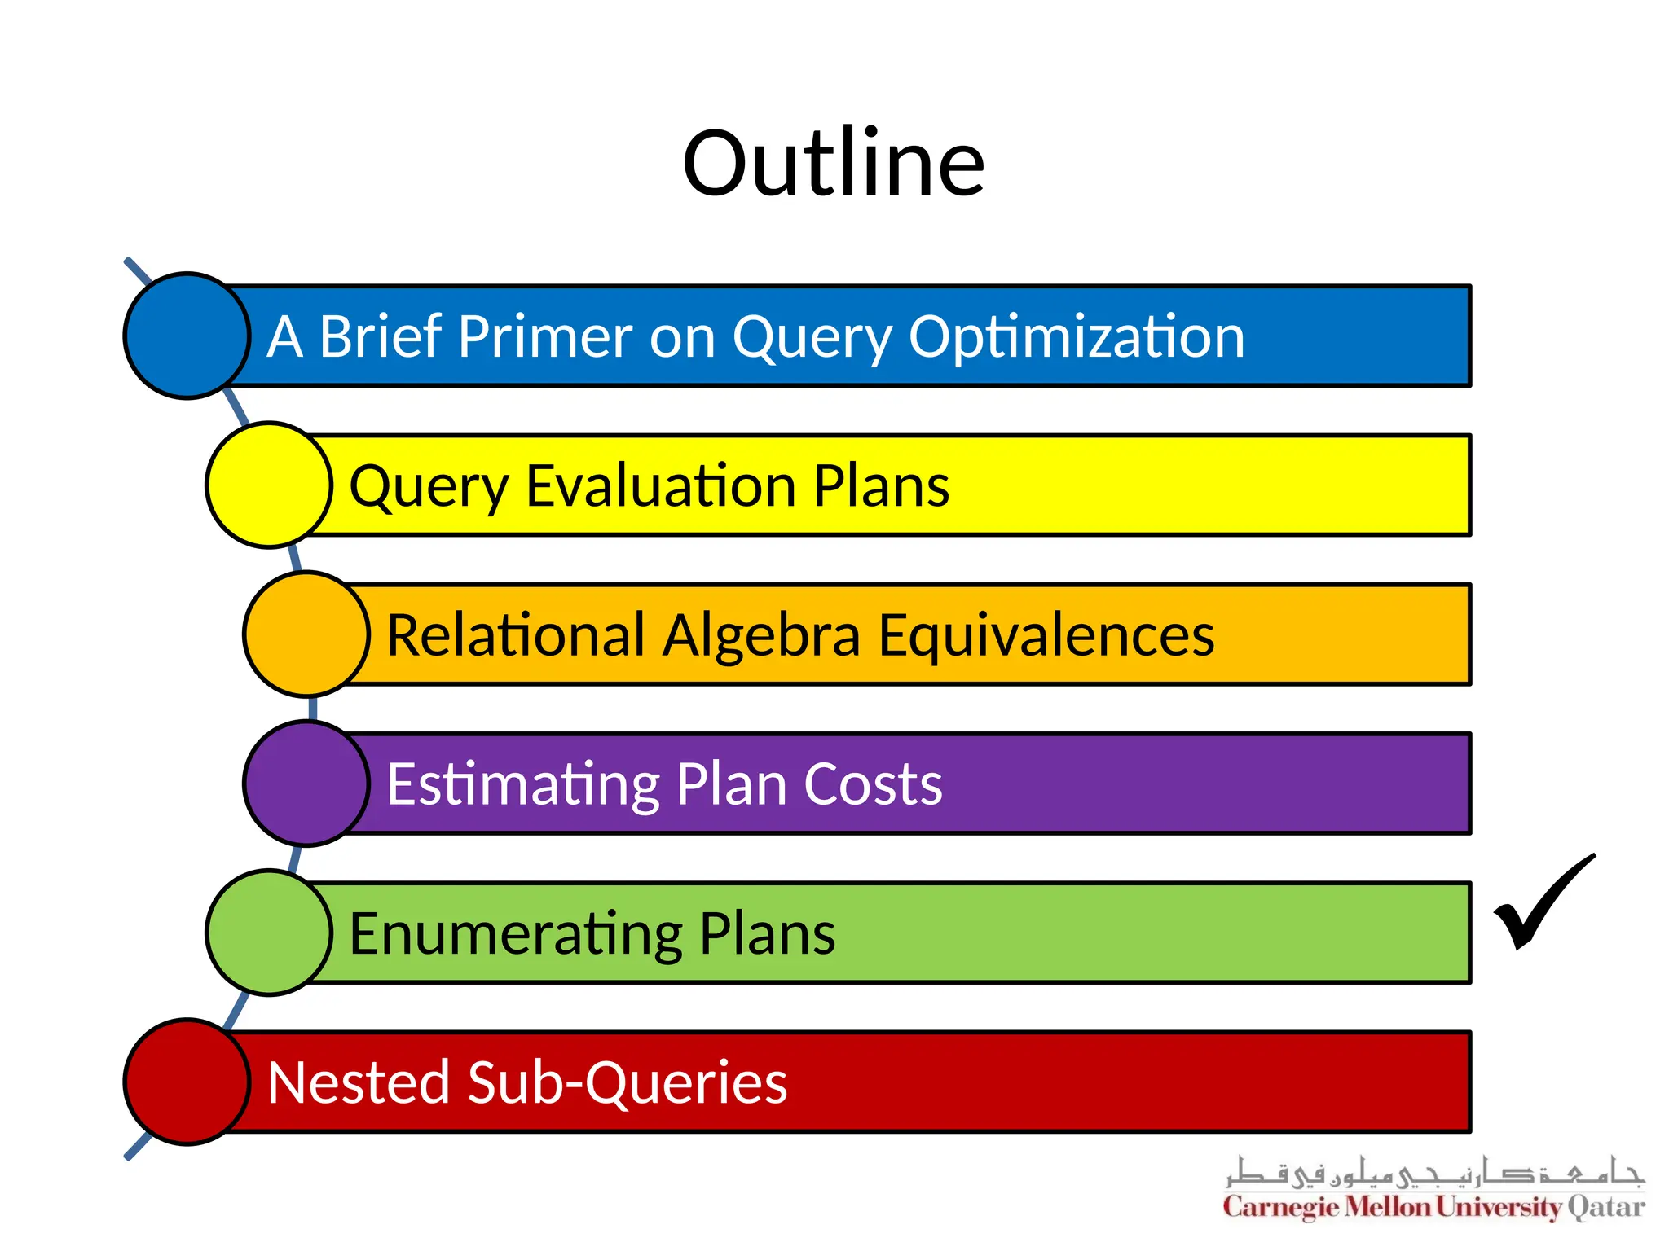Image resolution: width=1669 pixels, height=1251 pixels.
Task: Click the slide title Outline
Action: (834, 165)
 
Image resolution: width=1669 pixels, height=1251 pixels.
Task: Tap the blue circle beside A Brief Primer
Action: (187, 336)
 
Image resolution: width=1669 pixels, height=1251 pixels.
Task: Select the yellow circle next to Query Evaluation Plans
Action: (269, 485)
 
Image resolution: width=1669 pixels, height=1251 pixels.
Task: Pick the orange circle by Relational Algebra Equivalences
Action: (306, 634)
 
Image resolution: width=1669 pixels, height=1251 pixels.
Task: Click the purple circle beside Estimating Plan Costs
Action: (306, 784)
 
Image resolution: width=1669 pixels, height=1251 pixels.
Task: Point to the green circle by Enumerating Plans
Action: (269, 933)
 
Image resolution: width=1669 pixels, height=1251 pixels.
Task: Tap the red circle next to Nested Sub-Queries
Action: (187, 1082)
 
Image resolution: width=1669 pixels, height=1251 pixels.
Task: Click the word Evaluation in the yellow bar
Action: (662, 486)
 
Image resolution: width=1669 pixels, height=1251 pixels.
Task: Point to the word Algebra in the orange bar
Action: (761, 636)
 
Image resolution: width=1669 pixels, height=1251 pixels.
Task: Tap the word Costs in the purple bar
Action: (873, 784)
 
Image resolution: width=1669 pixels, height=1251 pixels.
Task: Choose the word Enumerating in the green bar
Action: (516, 934)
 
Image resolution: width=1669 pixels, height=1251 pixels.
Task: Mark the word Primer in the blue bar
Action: (545, 337)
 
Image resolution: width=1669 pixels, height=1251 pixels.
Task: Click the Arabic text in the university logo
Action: (1434, 1173)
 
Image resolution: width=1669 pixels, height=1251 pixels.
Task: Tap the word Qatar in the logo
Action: (1606, 1207)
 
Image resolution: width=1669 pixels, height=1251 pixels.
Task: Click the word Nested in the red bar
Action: (359, 1083)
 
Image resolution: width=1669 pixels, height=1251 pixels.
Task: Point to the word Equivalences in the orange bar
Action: (1046, 636)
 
